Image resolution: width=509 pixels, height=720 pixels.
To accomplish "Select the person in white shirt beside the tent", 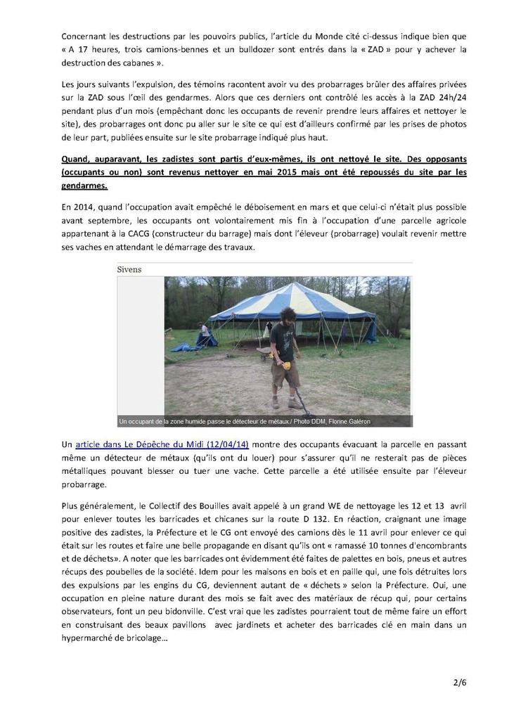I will (204, 331).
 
